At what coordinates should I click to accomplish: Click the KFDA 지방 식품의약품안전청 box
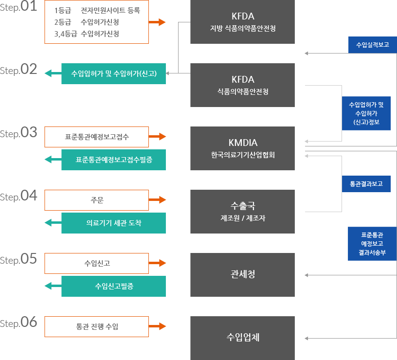pos(242,22)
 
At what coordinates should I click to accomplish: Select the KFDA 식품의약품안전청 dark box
pos(242,85)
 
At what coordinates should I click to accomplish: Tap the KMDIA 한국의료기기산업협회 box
pos(242,148)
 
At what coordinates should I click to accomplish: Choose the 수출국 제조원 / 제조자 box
pos(242,211)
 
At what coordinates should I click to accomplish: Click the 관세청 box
pos(242,274)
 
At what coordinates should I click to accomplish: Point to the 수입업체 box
pos(242,337)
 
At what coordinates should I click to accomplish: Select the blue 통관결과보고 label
pos(366,184)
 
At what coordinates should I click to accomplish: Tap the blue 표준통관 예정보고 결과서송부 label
pos(372,243)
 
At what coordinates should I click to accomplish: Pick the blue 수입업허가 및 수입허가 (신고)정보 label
pos(366,113)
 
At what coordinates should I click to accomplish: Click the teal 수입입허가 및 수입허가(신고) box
pos(113,73)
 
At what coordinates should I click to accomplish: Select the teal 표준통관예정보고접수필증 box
pos(113,160)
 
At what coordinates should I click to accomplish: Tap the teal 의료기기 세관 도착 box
pos(113,223)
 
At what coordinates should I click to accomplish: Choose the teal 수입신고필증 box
pos(113,286)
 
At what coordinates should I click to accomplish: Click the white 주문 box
pos(96,200)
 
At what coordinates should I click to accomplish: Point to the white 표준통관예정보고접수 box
pos(96,137)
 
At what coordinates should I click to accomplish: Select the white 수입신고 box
pos(96,263)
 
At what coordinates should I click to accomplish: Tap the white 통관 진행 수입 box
pos(96,326)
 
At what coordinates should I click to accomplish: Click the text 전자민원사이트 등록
pos(110,10)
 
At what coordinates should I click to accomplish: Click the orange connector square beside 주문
pos(162,199)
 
